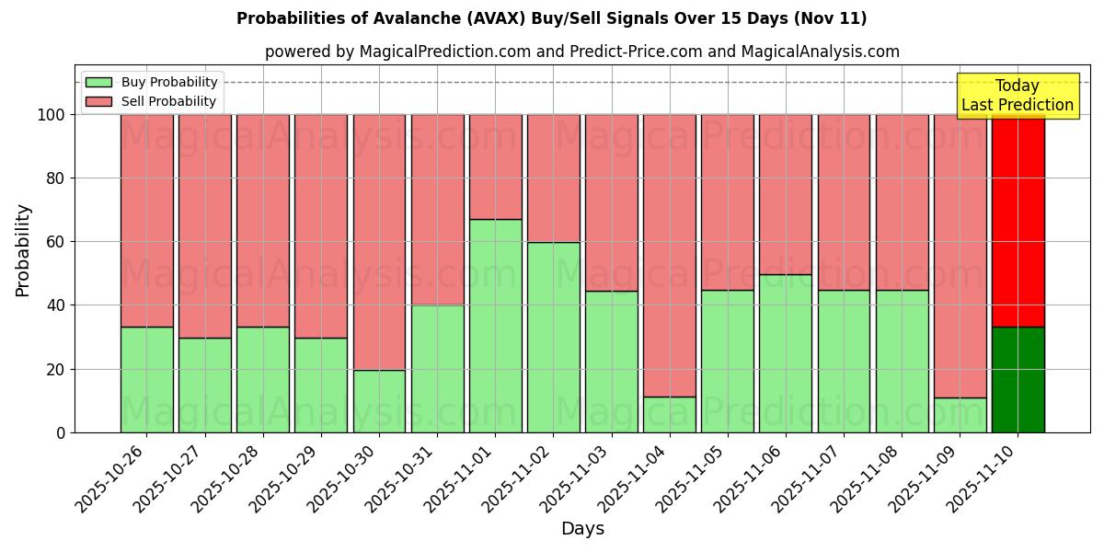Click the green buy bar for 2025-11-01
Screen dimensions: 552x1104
(495, 326)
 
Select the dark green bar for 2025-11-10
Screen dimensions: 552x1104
(1018, 379)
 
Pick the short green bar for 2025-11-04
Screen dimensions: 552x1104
(670, 415)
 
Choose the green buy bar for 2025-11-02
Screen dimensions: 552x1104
(553, 337)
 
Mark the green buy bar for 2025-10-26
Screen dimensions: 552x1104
(146, 379)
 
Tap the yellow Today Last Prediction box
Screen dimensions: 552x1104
(1017, 96)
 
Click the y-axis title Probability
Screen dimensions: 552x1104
(23, 250)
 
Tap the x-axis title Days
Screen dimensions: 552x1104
(582, 529)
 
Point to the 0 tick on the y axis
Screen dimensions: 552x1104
(60, 432)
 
